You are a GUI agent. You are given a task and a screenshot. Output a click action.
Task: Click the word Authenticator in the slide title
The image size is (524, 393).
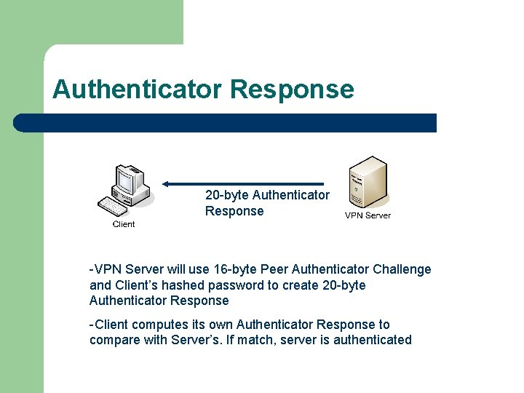coord(137,90)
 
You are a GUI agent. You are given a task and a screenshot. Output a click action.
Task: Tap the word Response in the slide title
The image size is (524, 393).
coord(291,90)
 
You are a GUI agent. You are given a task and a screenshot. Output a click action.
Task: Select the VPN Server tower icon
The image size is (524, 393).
coord(368,181)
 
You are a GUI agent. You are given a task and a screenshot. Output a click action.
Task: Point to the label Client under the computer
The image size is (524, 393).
coord(124,224)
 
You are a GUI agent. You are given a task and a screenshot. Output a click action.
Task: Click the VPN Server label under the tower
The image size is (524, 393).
coord(368,215)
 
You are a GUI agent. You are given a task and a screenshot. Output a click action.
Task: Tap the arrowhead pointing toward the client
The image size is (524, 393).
coord(167,183)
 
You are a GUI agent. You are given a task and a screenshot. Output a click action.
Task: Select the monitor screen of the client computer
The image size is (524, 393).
coord(128,178)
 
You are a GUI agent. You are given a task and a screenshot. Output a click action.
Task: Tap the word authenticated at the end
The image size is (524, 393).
coord(373,340)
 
